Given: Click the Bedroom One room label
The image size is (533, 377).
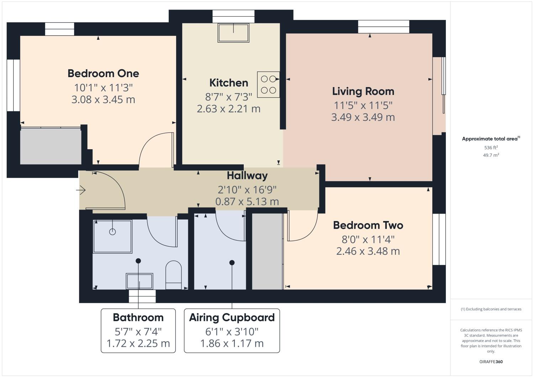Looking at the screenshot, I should coord(103,74).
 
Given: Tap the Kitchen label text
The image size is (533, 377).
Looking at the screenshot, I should coord(228,83).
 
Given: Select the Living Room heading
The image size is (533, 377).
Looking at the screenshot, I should coord(363,91).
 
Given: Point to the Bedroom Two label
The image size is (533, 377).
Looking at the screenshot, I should coord(368,225).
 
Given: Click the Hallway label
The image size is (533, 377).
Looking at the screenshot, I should coord(247,176).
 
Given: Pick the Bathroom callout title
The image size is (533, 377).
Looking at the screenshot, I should coord(138,317).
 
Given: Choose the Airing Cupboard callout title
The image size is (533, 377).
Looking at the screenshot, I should coord(232,317).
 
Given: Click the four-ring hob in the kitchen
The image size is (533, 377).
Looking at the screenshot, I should coord(268,85).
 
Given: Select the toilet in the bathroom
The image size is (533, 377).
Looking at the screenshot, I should coord(174,275).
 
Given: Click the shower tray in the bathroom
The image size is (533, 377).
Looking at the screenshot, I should coord(112,236).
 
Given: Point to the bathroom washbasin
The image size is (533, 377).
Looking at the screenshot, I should coord(139,281).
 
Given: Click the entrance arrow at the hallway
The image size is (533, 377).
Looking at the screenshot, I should coord(81,190).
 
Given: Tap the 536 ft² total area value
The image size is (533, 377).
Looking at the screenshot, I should coord(491,147).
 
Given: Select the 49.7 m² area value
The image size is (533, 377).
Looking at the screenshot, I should coord(491,155).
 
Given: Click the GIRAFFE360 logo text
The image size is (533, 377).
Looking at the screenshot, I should coord(491,362).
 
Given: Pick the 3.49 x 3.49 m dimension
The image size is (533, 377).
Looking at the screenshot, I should coord(363,117).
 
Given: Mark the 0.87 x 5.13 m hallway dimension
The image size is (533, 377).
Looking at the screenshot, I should coord(247,202).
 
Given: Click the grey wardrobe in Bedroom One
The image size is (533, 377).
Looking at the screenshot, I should coord(51,146).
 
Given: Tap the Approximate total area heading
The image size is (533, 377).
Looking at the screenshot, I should coord(490,139).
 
